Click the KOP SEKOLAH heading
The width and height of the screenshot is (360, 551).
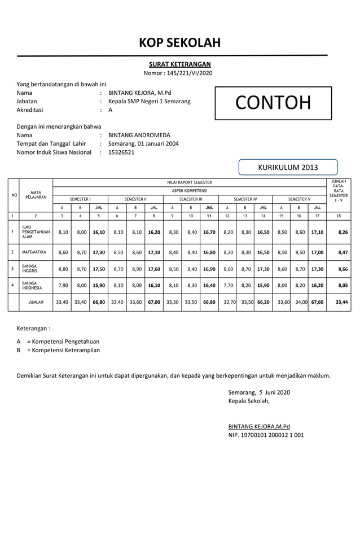coord(180,43)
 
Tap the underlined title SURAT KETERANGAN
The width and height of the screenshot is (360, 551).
coord(180,64)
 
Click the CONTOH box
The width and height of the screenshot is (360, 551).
coord(273,103)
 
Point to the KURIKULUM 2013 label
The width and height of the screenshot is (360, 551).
coord(288,167)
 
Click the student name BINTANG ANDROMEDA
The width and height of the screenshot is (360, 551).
coord(139,135)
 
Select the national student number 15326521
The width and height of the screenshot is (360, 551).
coord(121,152)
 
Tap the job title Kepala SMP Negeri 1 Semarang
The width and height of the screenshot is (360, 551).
coord(149,102)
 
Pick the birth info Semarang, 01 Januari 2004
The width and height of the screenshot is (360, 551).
coord(143,144)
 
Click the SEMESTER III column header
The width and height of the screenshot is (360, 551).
coord(190,199)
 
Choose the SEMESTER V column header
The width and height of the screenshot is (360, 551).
coord(299,199)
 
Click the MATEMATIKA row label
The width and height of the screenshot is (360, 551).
coord(34,252)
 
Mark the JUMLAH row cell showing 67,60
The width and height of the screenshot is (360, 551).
coord(317,302)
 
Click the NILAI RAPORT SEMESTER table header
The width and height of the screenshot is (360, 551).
coord(190,182)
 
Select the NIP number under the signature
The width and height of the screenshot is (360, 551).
coord(266,435)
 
